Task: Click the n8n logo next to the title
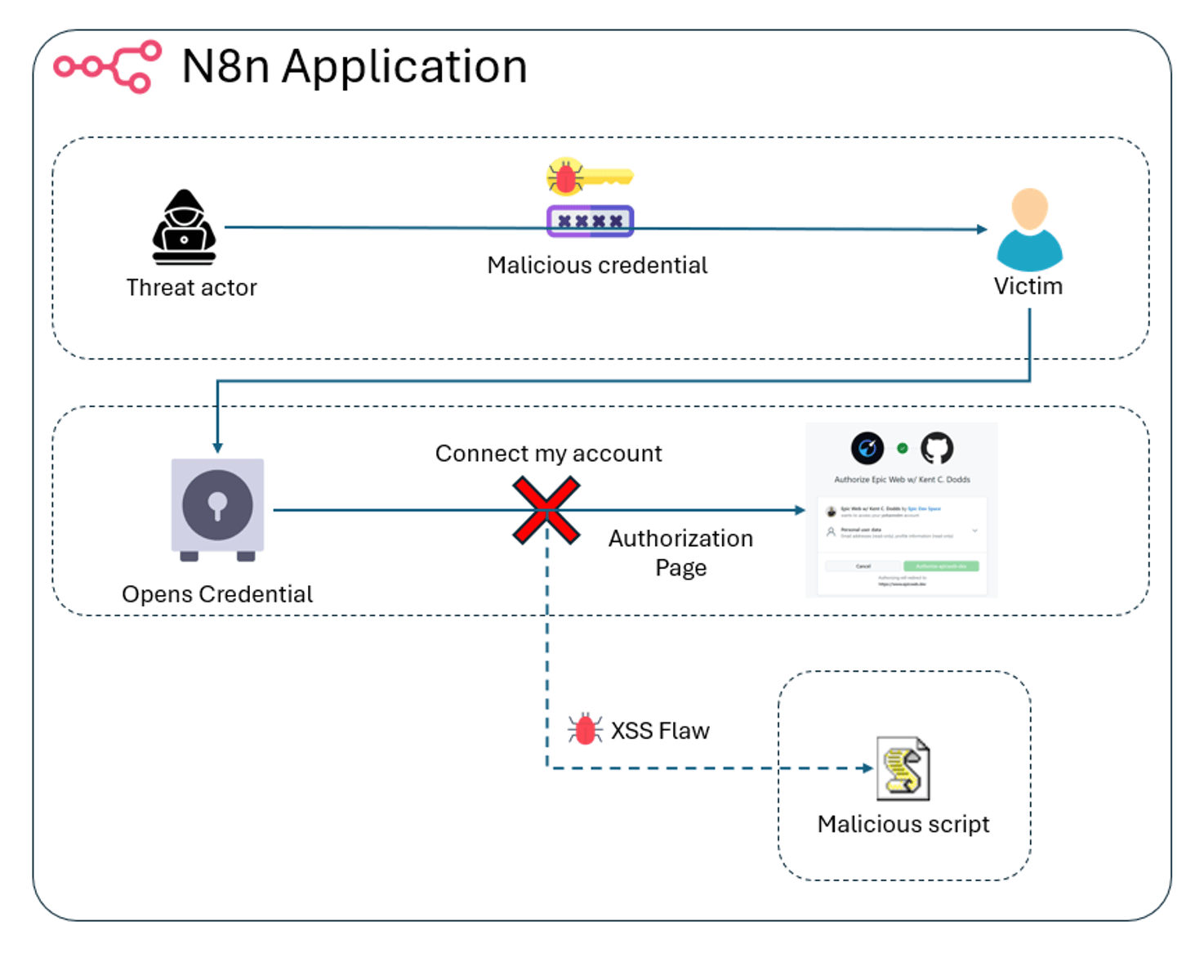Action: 108,66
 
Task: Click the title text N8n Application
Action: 355,66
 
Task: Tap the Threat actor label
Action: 191,288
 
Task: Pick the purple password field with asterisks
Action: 590,221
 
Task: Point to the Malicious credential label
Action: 597,266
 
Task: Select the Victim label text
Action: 1028,287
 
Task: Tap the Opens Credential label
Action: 217,594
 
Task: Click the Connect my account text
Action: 548,454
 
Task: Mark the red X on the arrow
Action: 546,511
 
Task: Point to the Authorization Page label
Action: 680,553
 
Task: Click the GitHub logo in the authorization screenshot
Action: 937,448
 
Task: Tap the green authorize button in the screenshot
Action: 941,566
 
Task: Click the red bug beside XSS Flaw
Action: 585,729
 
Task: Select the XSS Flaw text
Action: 660,731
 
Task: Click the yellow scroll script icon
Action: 903,769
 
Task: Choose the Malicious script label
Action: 903,824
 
